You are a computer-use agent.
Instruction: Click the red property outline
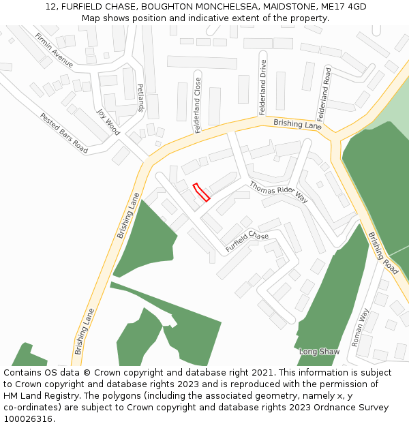click(x=201, y=192)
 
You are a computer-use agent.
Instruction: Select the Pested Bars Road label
click(x=63, y=133)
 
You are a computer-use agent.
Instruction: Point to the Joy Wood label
click(x=108, y=122)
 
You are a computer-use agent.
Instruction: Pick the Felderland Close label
click(x=198, y=105)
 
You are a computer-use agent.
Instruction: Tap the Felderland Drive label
click(x=262, y=87)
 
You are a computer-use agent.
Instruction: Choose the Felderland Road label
click(x=323, y=93)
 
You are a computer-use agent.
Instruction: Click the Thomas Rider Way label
click(x=278, y=192)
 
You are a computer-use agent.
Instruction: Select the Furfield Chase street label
click(x=247, y=241)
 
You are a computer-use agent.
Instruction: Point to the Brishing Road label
click(x=383, y=253)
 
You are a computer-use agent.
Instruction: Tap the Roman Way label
click(x=360, y=327)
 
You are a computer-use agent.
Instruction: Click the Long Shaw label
click(x=319, y=352)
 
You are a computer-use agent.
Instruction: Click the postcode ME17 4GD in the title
click(x=344, y=7)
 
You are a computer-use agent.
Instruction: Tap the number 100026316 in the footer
click(x=27, y=419)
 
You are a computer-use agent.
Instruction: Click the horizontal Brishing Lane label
click(x=298, y=124)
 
